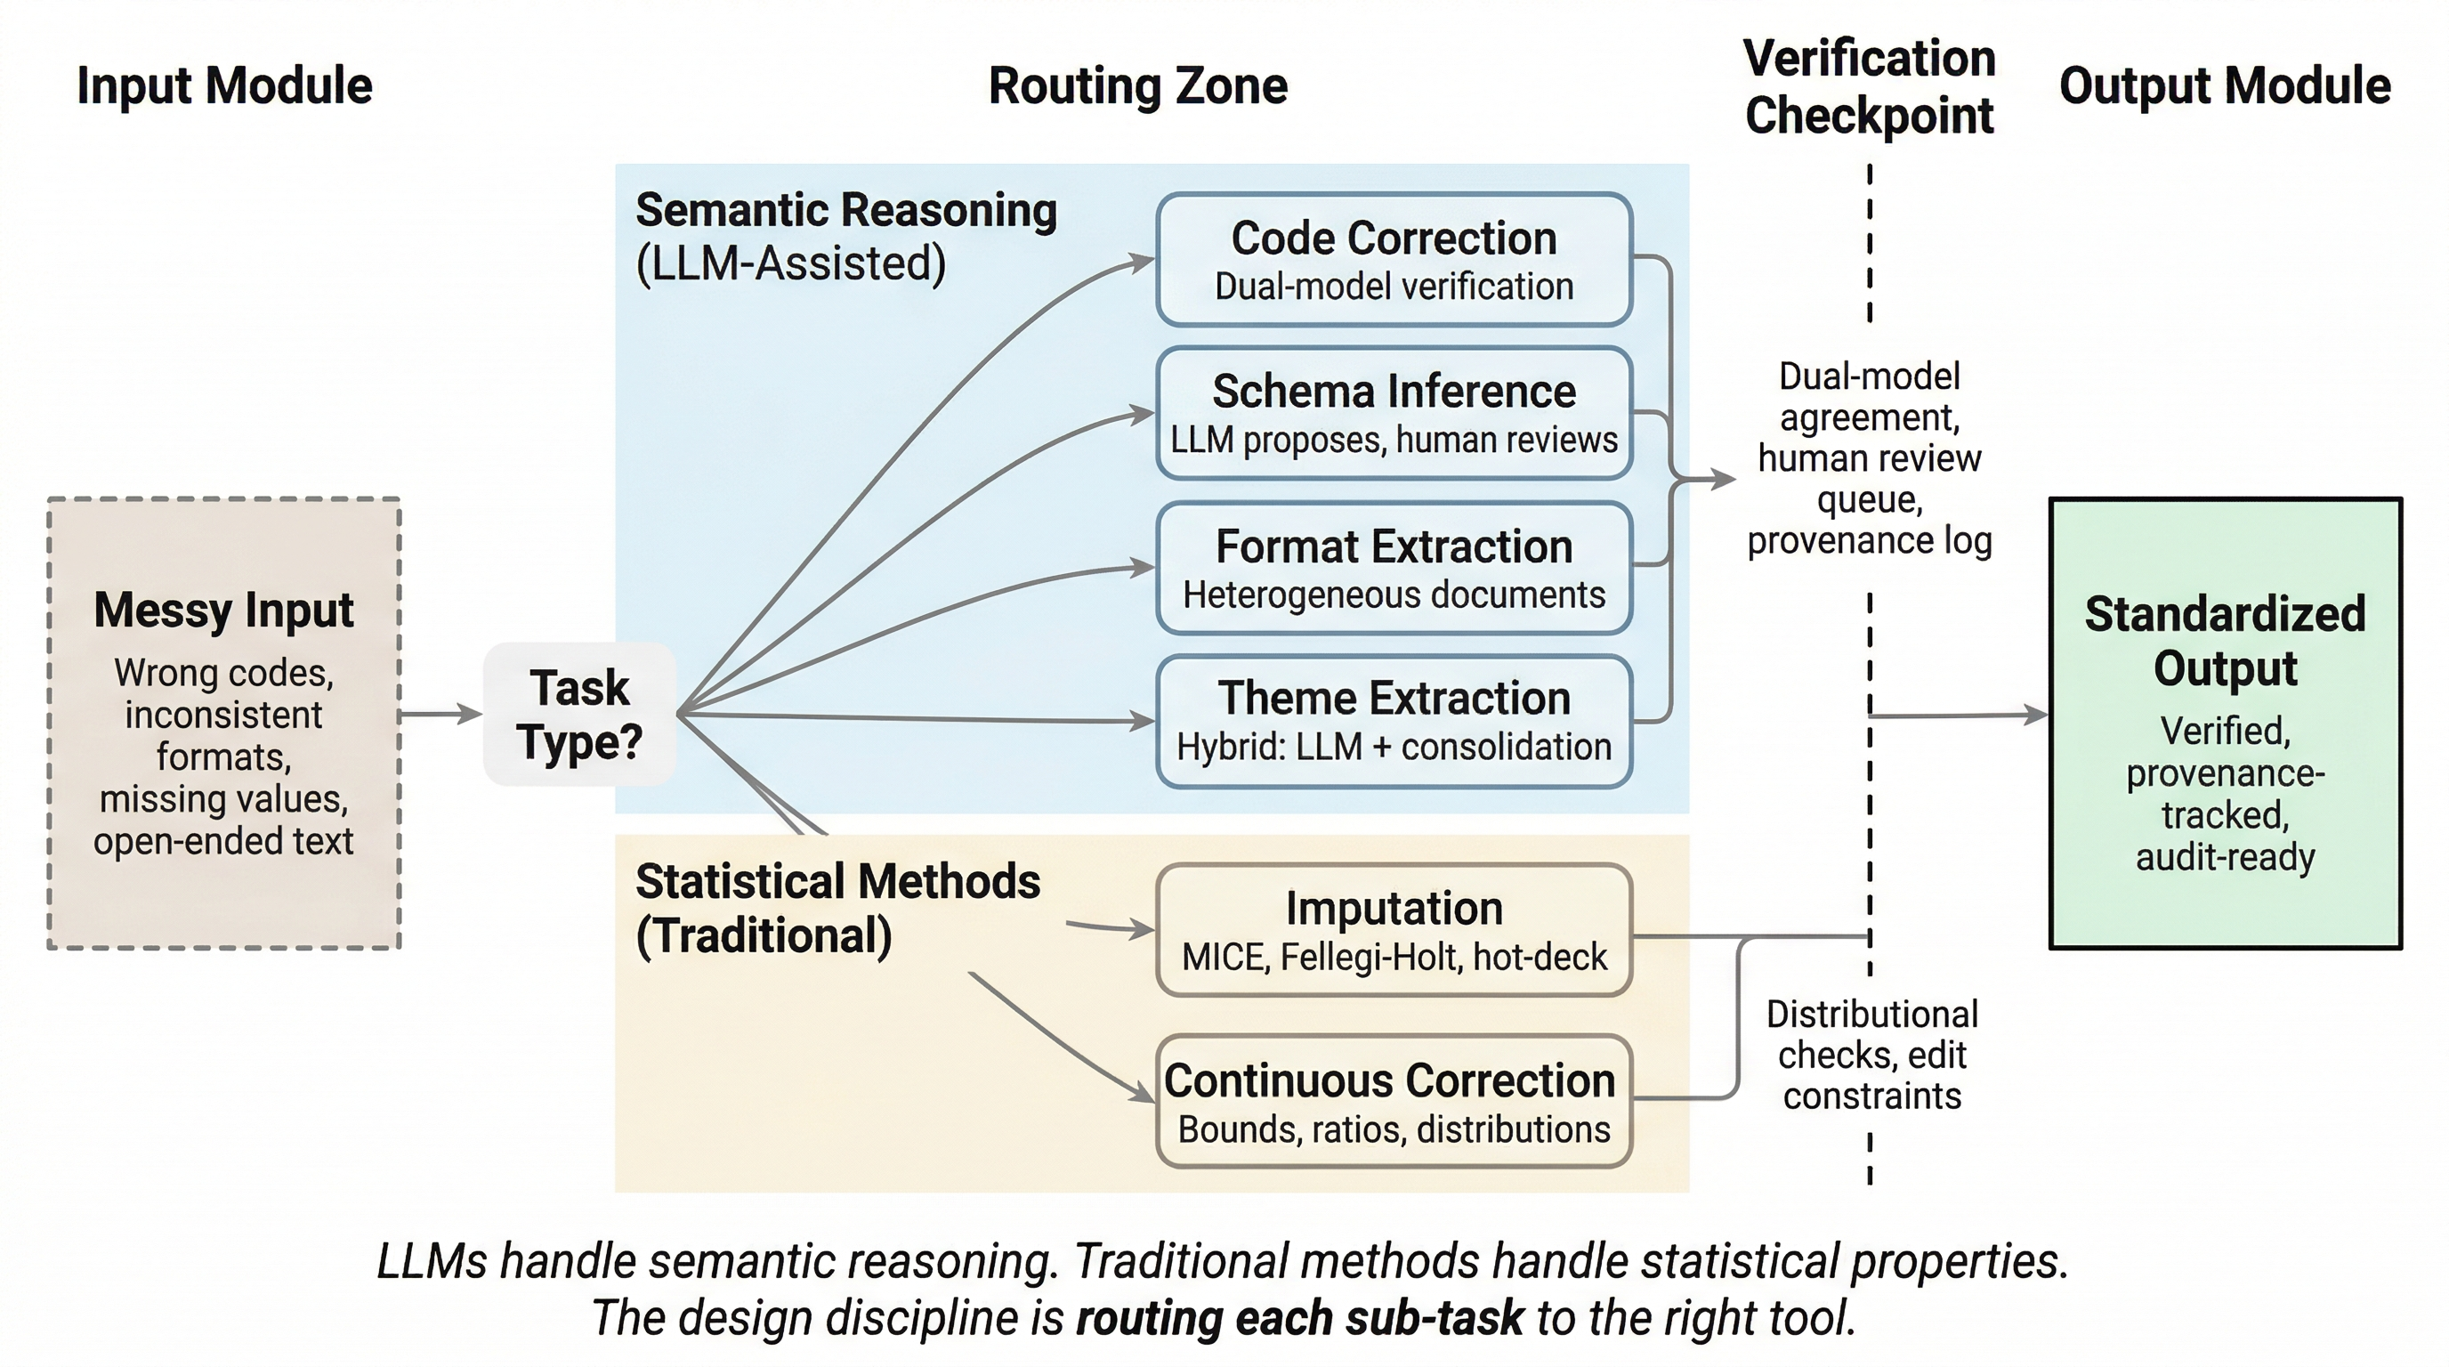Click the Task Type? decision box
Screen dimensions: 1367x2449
tap(579, 714)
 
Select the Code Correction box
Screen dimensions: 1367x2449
tap(1393, 260)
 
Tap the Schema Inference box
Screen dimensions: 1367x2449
tap(1393, 413)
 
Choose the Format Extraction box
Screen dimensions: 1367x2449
tap(1393, 568)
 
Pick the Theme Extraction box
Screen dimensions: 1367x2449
tap(1393, 721)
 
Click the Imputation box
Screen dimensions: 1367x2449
tap(1393, 930)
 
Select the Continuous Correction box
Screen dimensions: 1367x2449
tap(1393, 1101)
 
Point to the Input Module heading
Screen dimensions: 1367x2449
tap(224, 85)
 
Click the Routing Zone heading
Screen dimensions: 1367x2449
tap(1137, 85)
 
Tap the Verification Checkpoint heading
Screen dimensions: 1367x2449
tap(1868, 87)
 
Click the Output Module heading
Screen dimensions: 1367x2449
tap(2224, 85)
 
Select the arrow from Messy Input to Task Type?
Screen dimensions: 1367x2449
tap(440, 713)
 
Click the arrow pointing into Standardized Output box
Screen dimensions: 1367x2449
tap(1959, 715)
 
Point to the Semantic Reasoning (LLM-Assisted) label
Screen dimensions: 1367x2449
tap(845, 237)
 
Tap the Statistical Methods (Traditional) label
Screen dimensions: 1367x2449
tap(837, 908)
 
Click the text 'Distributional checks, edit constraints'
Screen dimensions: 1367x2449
tap(1871, 1056)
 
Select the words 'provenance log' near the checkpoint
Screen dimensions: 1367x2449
tap(1868, 540)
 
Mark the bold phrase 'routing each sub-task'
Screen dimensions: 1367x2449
tap(1298, 1319)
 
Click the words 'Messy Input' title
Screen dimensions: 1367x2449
tap(223, 610)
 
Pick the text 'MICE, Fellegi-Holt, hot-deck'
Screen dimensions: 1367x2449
tap(1393, 957)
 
